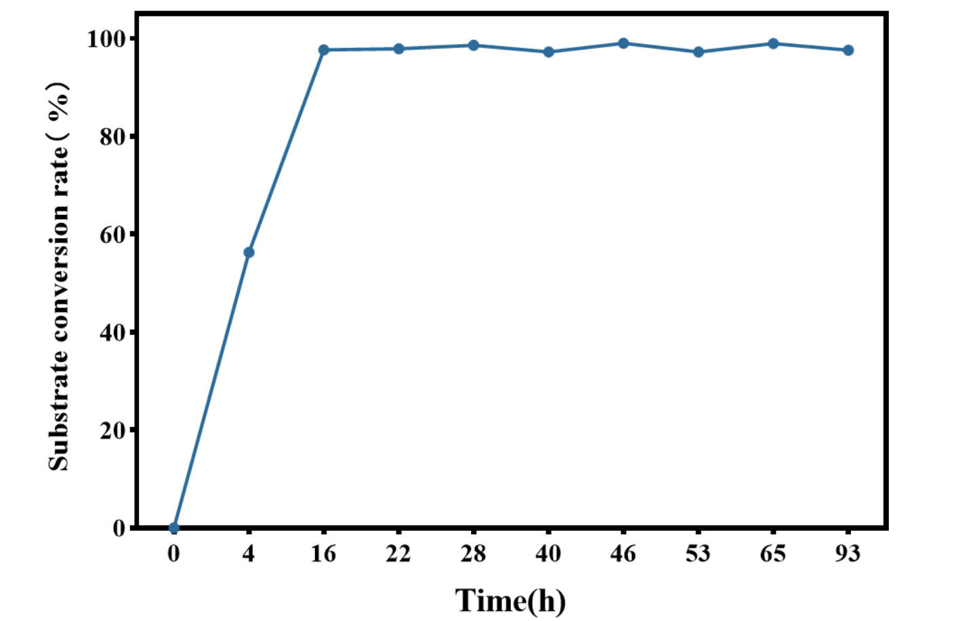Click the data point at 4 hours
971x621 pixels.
point(249,252)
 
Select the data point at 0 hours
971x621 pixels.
point(174,527)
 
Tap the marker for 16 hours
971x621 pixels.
point(324,50)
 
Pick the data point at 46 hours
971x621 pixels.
point(623,43)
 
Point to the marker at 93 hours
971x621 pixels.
point(848,50)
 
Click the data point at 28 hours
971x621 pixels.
point(474,45)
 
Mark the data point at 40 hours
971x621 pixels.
point(549,52)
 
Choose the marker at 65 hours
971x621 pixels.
point(773,44)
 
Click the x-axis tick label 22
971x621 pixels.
point(398,554)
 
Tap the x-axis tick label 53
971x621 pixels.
point(698,554)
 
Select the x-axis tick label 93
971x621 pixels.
point(848,554)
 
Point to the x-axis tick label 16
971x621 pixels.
point(323,554)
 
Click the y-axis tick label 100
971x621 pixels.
point(106,39)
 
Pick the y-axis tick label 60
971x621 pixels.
point(112,235)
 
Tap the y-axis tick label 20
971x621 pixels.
point(112,430)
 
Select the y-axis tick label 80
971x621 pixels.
point(112,137)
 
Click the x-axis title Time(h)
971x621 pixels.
point(510,601)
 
